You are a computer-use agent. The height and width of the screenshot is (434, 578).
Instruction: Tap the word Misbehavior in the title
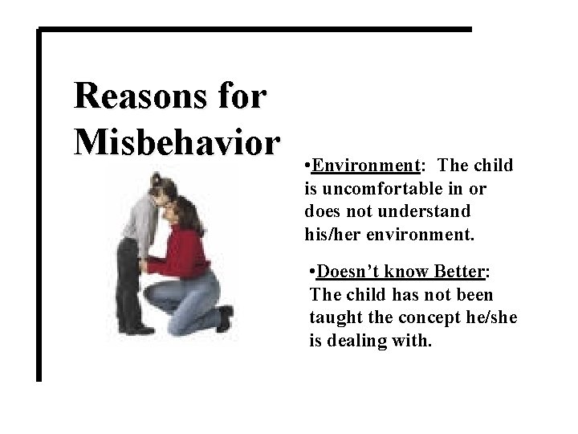[177, 141]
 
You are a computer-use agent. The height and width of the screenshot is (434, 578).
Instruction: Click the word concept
[418, 318]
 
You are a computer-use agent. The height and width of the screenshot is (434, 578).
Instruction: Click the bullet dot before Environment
[309, 166]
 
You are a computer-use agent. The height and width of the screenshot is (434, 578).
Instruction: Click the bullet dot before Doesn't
[313, 273]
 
